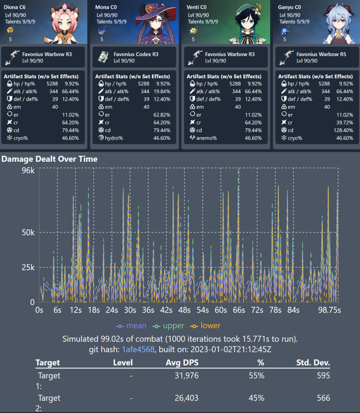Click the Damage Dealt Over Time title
pos(49,159)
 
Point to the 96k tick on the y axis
pos(28,170)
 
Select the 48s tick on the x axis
pos(184,310)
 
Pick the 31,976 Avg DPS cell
pos(186,376)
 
